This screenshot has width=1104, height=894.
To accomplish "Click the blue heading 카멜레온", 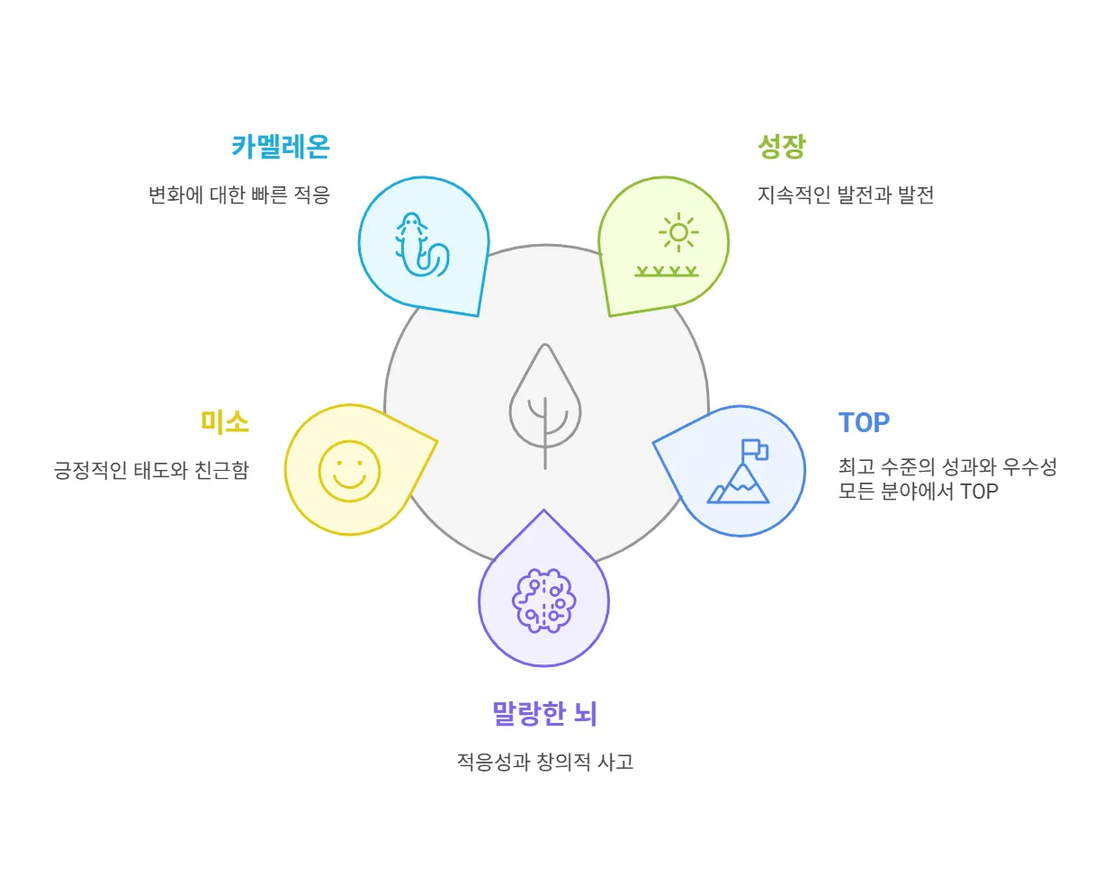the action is pos(281,147).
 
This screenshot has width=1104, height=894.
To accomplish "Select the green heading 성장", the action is pos(781,147).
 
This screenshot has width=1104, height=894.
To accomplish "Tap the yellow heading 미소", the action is pos(224,422).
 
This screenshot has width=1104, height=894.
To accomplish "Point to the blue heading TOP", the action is pos(864,422).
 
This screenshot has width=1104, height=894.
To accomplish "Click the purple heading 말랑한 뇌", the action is pos(543,714).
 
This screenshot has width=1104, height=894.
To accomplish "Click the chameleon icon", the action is pos(420,245).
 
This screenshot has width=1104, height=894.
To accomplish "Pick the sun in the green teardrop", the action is pos(678,233).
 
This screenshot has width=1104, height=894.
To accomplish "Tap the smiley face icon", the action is pos(349,471).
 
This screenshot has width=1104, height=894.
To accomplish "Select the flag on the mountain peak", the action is pos(754,449).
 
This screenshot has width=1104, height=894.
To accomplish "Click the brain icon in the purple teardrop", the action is pos(543,601).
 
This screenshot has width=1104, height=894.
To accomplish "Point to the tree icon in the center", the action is pos(545,405).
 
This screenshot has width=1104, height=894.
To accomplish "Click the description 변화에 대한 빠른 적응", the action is pos(239,194).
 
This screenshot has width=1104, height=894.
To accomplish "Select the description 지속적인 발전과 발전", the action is pos(845,194).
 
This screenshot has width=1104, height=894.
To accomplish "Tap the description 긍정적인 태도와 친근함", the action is pos(151,470).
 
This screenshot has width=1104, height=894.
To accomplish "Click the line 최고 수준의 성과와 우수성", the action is pos(947,467).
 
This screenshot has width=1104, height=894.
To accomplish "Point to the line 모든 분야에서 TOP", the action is pos(918,492).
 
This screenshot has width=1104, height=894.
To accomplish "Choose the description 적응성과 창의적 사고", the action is pos(544,762).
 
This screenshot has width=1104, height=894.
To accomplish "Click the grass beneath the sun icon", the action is pos(667,271).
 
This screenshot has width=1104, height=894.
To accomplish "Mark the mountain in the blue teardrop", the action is pos(740,487).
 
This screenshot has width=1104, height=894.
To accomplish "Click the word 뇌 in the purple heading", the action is pos(585,714).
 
